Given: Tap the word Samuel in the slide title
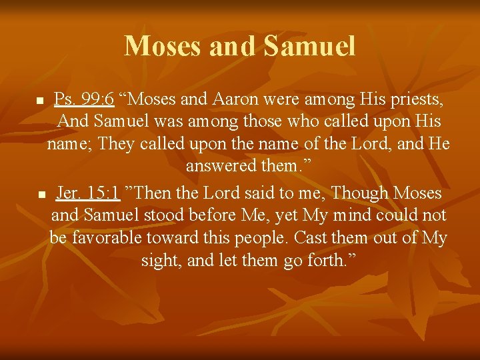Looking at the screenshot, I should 309,46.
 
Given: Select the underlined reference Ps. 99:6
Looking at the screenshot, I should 84,101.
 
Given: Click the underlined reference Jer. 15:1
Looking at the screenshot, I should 88,193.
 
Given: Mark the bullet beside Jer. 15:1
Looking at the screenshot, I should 40,195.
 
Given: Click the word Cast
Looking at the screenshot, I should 312,238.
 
